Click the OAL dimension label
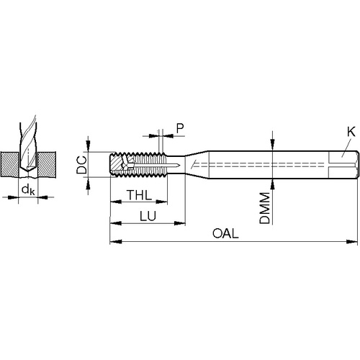(225, 233)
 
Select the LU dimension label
(148, 216)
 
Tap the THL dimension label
(139, 195)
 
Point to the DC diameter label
(81, 165)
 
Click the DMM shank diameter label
(265, 208)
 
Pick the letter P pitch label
(180, 128)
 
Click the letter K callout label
(351, 132)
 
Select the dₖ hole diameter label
(28, 189)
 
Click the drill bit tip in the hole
(28, 171)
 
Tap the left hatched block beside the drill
(9, 164)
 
